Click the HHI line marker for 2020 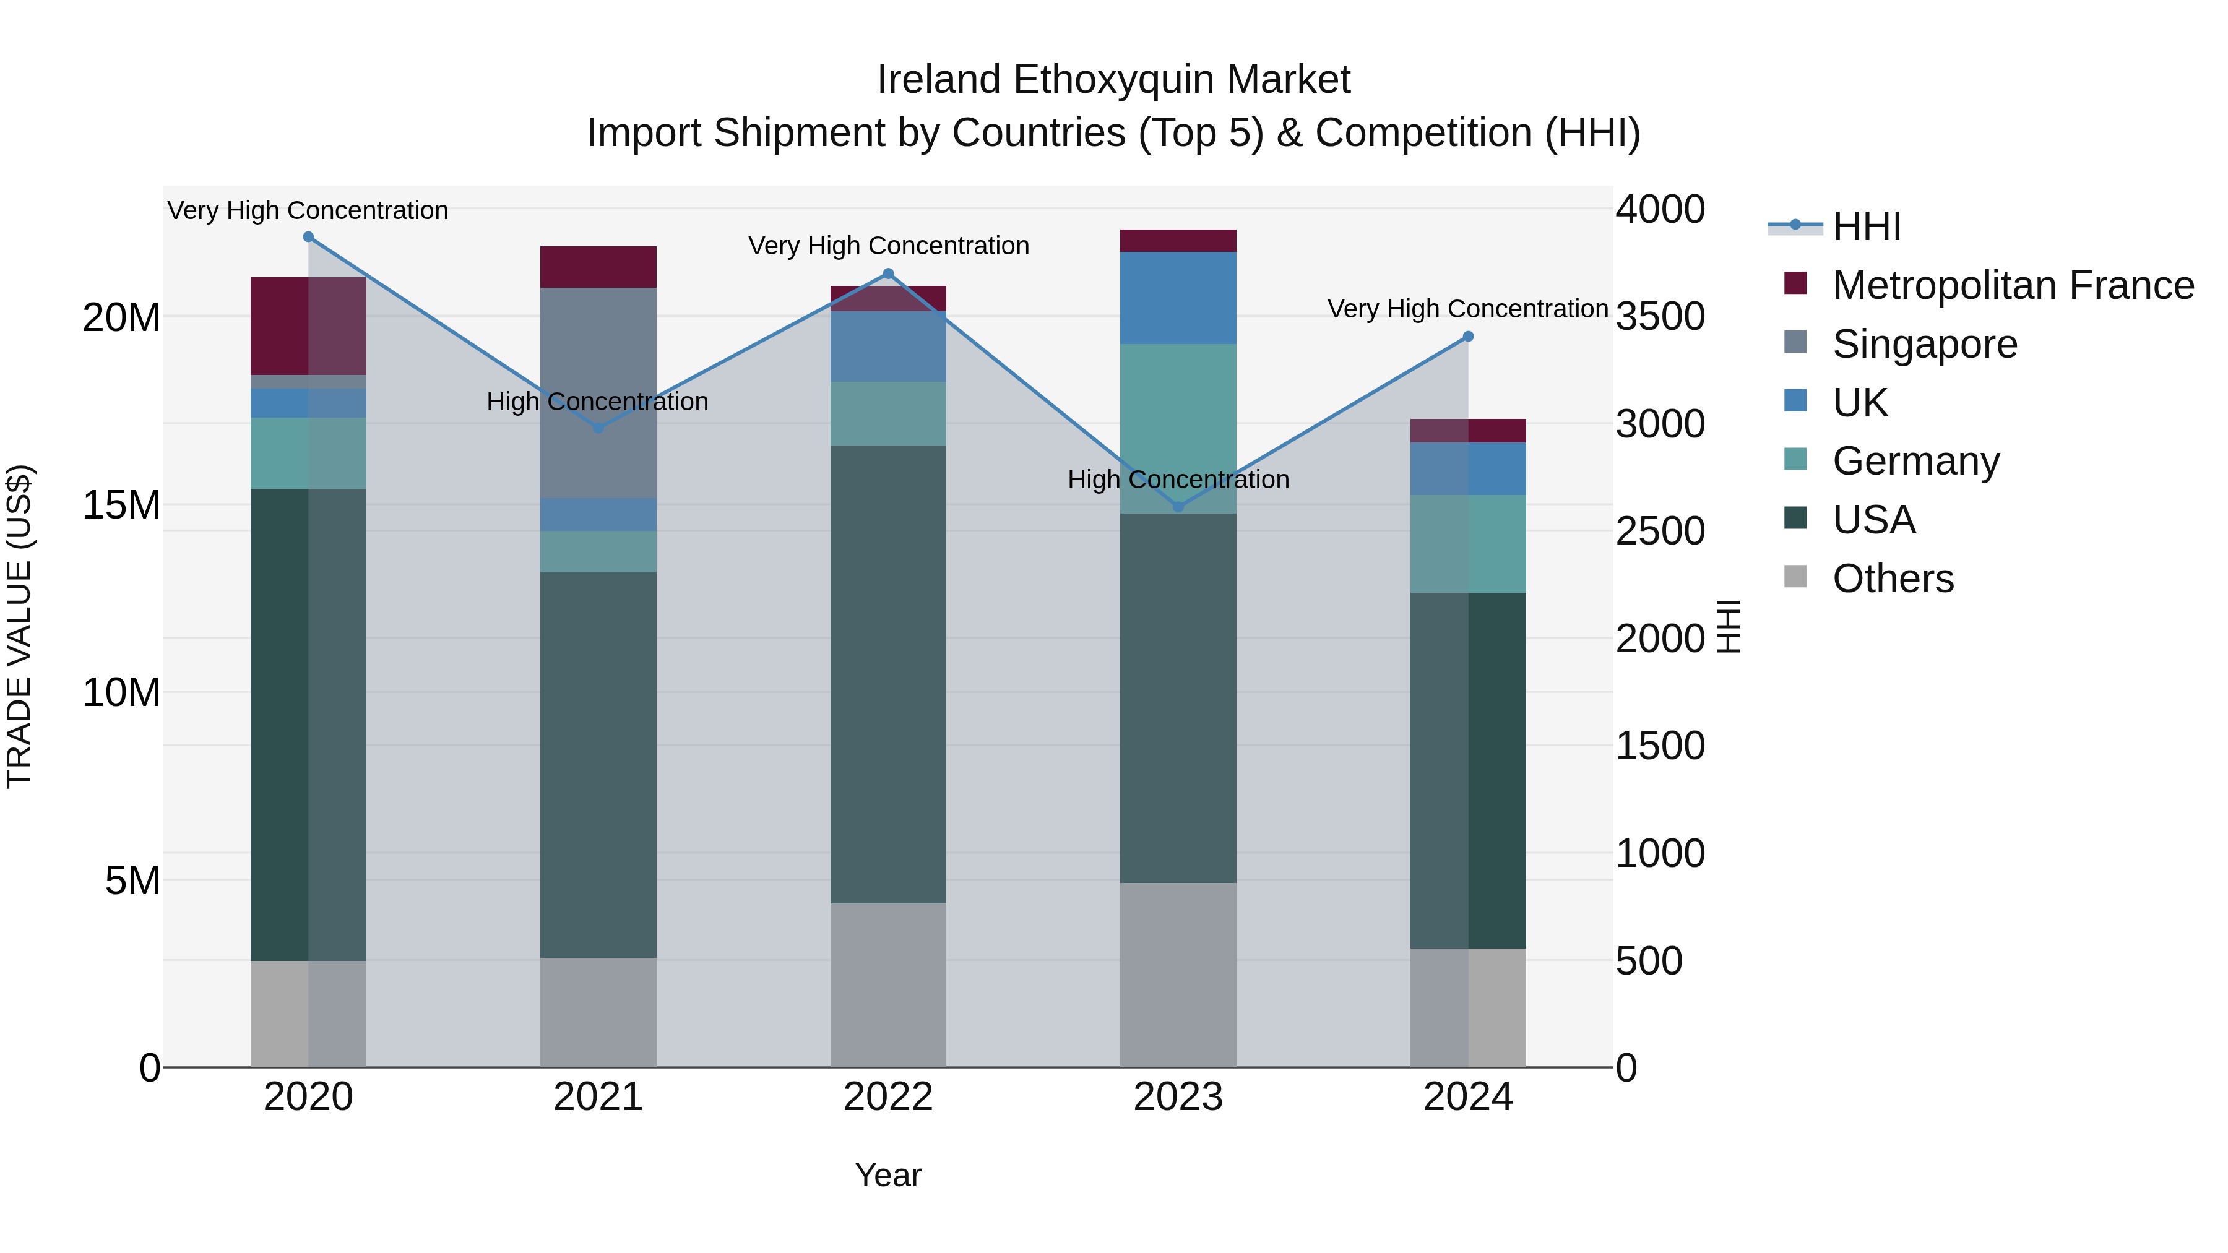308,237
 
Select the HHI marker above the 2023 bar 1178,507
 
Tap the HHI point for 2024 1468,337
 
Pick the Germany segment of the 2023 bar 1178,428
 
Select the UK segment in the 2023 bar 1178,298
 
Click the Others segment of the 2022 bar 887,985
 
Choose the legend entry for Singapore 1924,344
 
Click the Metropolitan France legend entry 2012,285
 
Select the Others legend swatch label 1893,579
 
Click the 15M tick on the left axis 121,505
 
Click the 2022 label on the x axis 887,1097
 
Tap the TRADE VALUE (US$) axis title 19,626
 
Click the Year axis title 887,1175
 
